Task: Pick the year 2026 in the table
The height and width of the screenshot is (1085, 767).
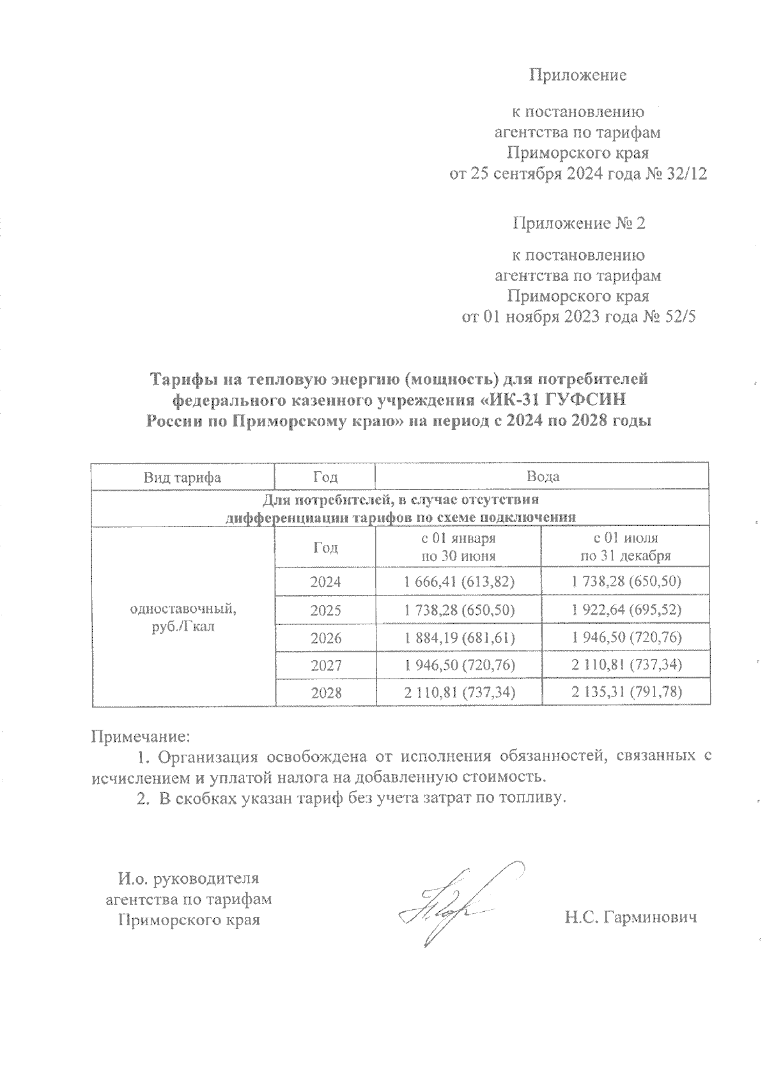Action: [x=325, y=638]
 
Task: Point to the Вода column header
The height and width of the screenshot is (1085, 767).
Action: [x=543, y=477]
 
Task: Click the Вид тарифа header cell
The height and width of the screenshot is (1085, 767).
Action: [x=182, y=477]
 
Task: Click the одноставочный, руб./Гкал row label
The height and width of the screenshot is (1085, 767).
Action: [x=183, y=617]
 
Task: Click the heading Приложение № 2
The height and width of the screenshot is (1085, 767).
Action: [x=579, y=224]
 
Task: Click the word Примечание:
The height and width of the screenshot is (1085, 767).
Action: [x=141, y=737]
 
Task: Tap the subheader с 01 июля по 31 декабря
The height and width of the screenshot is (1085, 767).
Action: [x=625, y=547]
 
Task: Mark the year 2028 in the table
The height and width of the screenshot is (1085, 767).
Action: [x=325, y=693]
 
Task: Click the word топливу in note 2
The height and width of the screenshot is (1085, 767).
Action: [x=536, y=798]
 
